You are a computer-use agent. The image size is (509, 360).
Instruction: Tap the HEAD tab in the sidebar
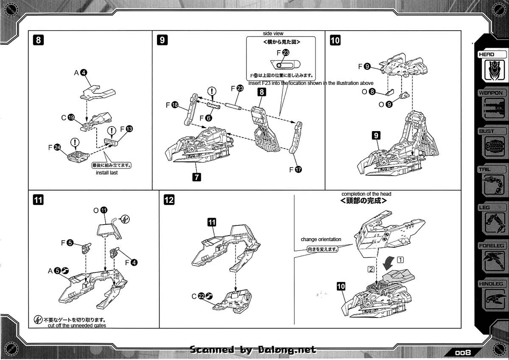click(487, 54)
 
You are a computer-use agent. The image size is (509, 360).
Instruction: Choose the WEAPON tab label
click(491, 93)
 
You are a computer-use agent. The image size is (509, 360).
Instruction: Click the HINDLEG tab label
click(491, 284)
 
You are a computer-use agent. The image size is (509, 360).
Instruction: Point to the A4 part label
click(81, 73)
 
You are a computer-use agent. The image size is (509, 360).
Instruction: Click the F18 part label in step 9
click(171, 104)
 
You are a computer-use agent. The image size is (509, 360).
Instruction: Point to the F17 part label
click(295, 169)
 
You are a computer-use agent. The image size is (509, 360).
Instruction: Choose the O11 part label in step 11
click(101, 210)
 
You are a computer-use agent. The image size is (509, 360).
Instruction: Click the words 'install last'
click(107, 173)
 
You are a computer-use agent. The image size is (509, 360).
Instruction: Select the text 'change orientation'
click(321, 239)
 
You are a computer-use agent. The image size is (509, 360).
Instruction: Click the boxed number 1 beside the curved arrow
click(400, 259)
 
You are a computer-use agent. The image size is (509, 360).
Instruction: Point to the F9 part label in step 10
click(364, 66)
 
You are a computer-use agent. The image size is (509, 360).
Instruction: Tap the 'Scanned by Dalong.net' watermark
click(253, 350)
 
